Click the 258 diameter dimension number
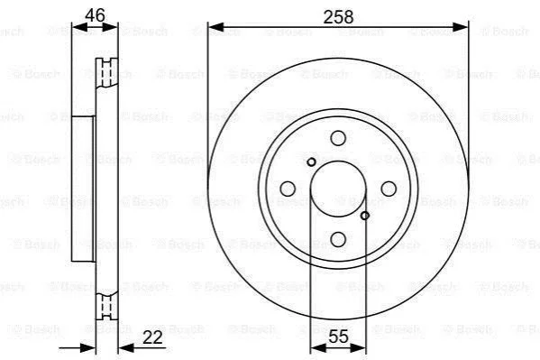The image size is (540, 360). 338,17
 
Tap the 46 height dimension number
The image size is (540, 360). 95,15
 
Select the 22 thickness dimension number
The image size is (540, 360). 152,337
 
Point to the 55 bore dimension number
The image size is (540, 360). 338,337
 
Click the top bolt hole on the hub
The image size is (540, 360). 338,138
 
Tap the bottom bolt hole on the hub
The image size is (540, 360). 338,239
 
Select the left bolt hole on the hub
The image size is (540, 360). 288,189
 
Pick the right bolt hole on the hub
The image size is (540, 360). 389,189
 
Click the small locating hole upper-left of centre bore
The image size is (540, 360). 311,162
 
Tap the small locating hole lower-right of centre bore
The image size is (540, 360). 365,216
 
